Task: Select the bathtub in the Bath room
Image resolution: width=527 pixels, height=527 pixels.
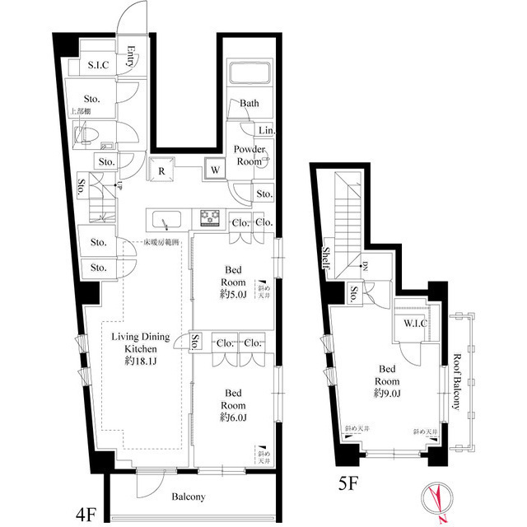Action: (x=250, y=76)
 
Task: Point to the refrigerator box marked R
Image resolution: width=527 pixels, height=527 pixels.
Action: (x=162, y=170)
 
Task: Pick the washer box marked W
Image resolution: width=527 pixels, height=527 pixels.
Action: (x=214, y=170)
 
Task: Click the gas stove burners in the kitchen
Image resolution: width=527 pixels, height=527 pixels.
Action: (x=208, y=217)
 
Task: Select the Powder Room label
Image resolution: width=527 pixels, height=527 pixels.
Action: (x=250, y=154)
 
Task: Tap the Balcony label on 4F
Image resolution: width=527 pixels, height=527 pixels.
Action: (x=189, y=497)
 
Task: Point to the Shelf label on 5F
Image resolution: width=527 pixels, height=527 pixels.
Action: (x=327, y=258)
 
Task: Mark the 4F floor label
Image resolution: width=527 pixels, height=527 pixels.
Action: (x=86, y=515)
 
